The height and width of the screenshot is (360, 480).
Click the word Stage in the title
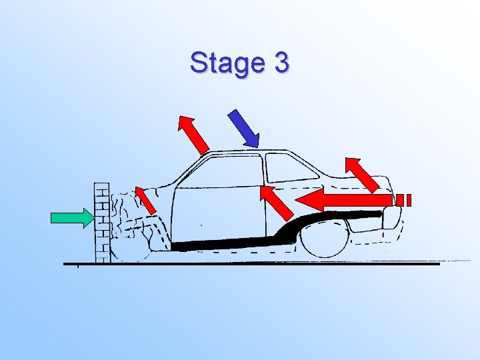coord(225,63)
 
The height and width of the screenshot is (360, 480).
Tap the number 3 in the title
coord(281,63)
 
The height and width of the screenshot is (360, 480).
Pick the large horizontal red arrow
coord(343,199)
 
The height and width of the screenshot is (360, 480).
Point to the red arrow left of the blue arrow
coord(194,134)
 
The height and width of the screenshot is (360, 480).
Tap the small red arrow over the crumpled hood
coord(146,200)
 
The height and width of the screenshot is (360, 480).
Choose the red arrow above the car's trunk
coord(363,175)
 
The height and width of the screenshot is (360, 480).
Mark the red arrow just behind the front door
coord(276,203)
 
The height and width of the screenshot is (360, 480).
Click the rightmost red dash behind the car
coord(408,199)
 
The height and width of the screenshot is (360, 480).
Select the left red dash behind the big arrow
coord(399,199)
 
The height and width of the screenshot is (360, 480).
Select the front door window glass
coord(220,172)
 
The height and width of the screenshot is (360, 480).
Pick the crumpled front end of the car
coord(133,220)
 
